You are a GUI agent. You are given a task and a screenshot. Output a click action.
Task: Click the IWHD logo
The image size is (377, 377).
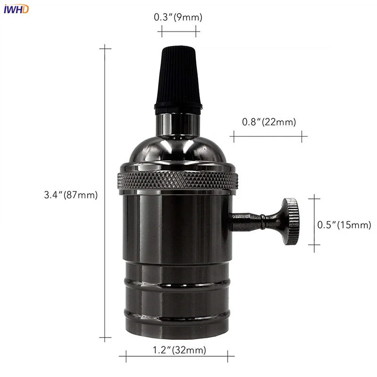(16, 9)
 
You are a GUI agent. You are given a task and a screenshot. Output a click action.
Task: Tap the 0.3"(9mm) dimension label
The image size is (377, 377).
(178, 17)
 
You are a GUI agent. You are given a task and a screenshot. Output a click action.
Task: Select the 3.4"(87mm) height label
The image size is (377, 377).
(71, 195)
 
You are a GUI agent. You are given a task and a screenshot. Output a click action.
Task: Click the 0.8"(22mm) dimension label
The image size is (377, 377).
(269, 122)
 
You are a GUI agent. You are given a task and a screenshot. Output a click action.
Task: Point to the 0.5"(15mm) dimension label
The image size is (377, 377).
(344, 225)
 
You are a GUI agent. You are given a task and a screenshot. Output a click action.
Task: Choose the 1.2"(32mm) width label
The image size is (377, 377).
(180, 350)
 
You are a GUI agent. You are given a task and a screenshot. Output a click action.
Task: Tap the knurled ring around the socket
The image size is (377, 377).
(178, 180)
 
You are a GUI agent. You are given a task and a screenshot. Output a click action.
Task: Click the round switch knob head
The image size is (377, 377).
(291, 221)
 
